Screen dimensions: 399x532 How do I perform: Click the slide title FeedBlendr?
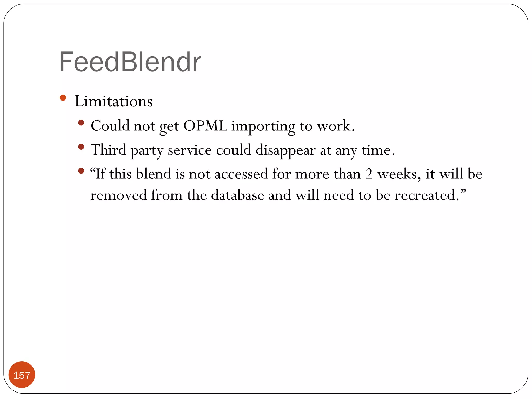click(130, 62)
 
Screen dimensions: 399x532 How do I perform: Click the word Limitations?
click(114, 101)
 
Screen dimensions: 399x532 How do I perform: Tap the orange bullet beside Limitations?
click(63, 98)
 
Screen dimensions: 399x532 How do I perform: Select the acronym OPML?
click(205, 126)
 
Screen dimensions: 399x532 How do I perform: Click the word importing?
click(263, 127)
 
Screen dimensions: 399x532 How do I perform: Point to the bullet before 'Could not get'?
click(81, 123)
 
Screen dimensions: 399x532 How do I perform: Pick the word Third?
click(108, 150)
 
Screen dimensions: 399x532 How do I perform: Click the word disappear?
click(285, 150)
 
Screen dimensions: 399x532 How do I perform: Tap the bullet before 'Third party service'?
click(81, 147)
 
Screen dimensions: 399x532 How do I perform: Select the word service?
click(190, 150)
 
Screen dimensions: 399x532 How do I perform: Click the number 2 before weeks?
click(369, 174)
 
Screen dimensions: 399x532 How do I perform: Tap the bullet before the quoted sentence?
click(81, 171)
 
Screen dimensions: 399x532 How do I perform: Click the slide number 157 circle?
click(22, 375)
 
